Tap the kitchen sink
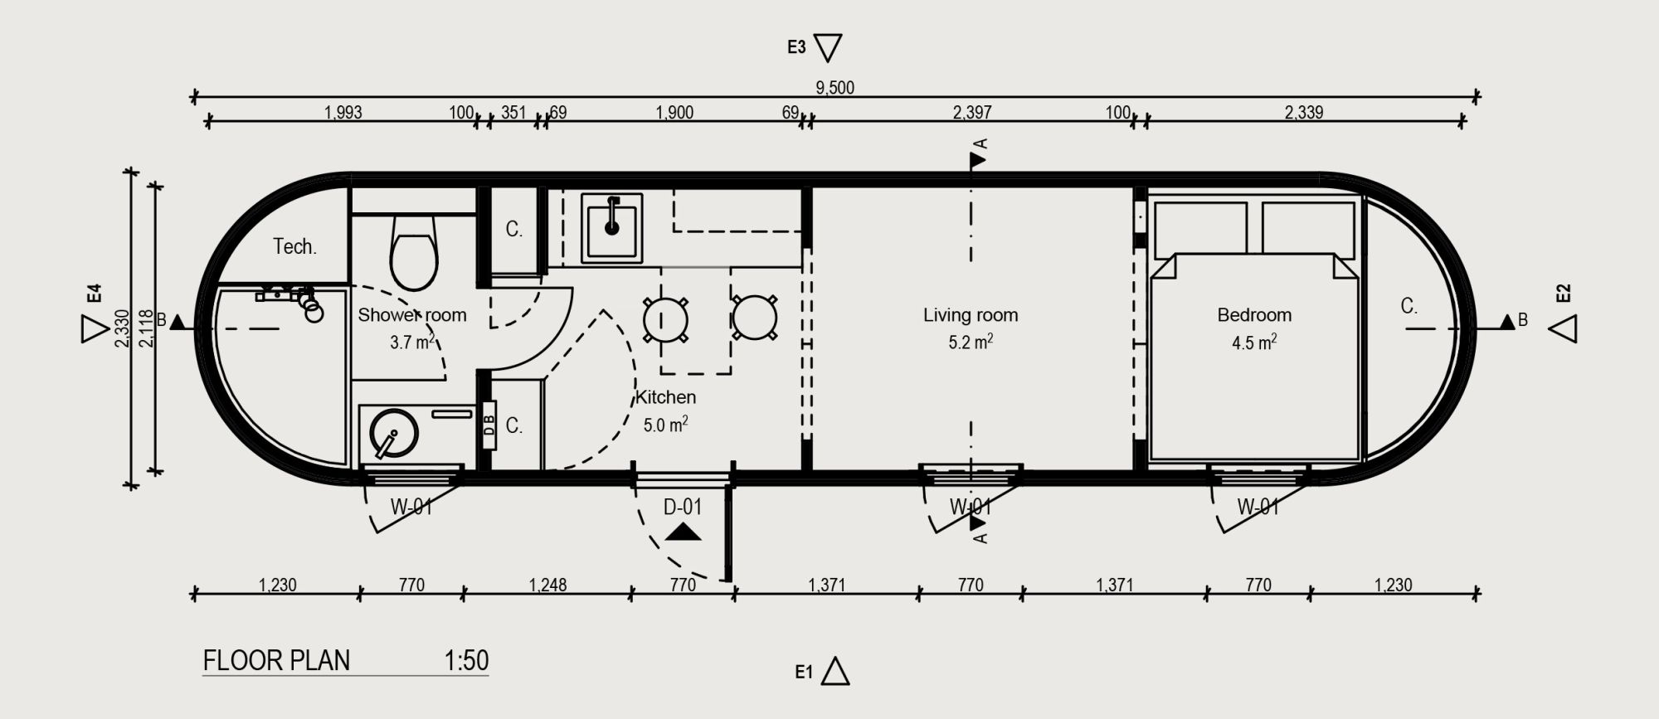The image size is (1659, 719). click(612, 226)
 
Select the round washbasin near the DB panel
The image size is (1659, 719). click(394, 434)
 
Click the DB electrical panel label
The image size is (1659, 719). click(489, 425)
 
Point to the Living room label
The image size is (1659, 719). click(971, 315)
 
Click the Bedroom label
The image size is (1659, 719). click(1254, 315)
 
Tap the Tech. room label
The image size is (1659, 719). click(294, 246)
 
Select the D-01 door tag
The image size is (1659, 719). click(683, 507)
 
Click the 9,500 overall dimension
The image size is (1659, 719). click(834, 88)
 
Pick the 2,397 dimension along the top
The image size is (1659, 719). click(972, 112)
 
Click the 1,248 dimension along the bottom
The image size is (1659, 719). click(547, 585)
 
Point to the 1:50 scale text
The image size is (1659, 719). click(466, 660)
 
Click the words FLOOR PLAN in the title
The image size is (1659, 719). click(276, 660)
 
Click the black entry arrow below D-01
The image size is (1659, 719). click(683, 532)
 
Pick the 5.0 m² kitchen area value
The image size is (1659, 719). click(665, 425)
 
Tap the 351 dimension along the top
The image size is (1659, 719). click(513, 112)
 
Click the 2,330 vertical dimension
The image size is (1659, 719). click(122, 328)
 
